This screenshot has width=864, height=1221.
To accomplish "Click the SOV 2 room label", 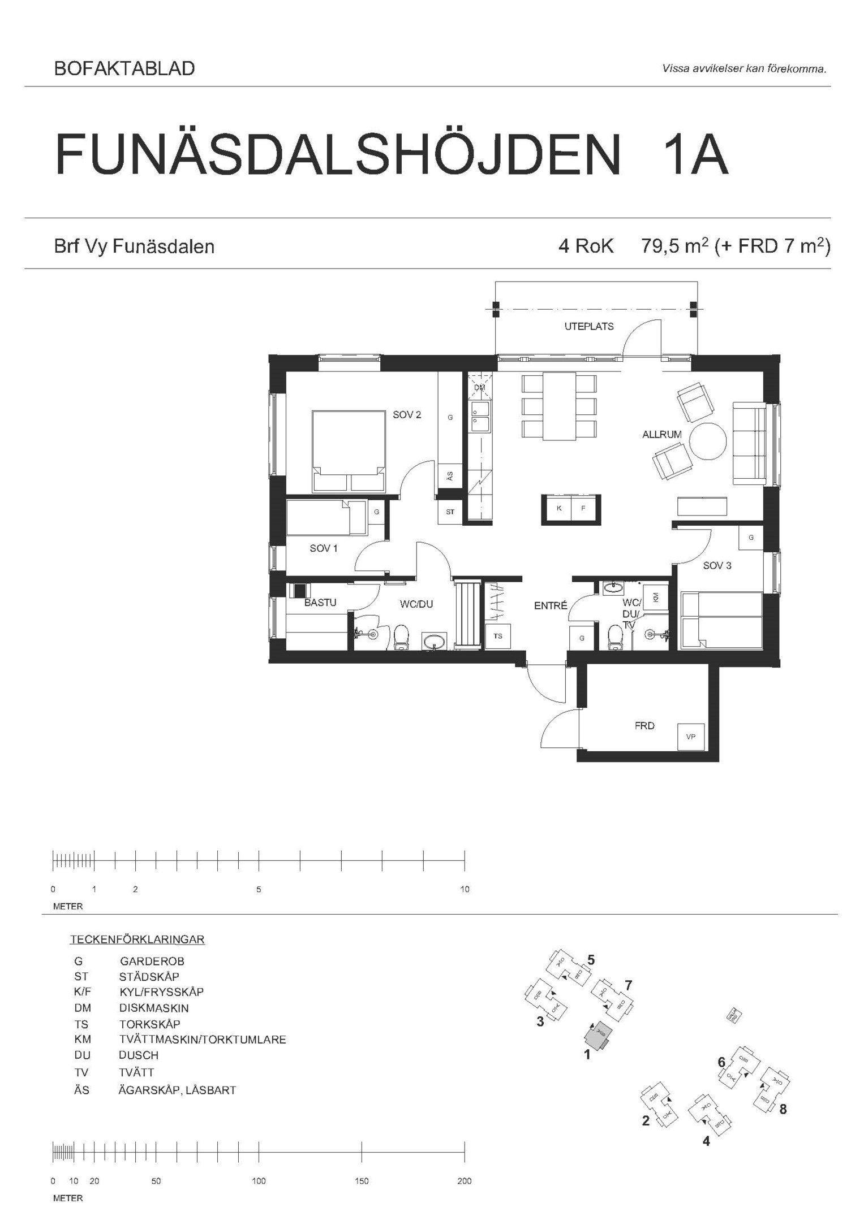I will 407,415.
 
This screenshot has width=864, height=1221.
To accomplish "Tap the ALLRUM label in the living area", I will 661,435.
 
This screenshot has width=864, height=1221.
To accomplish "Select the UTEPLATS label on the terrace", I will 588,327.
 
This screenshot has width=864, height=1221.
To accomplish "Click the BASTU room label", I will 320,603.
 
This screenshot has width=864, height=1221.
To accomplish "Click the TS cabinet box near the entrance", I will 498,636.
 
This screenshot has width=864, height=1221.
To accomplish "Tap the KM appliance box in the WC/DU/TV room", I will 655,597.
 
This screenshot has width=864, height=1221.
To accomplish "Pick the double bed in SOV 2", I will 349,451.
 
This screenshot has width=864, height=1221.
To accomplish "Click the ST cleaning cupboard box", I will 450,512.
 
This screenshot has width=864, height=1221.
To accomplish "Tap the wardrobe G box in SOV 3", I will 751,538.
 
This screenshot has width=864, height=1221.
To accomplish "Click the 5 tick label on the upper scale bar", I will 259,889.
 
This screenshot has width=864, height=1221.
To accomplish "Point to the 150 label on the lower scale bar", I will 362,1181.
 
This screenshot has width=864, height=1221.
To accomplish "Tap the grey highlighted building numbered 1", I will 597,1035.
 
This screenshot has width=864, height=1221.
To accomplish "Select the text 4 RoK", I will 586,246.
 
